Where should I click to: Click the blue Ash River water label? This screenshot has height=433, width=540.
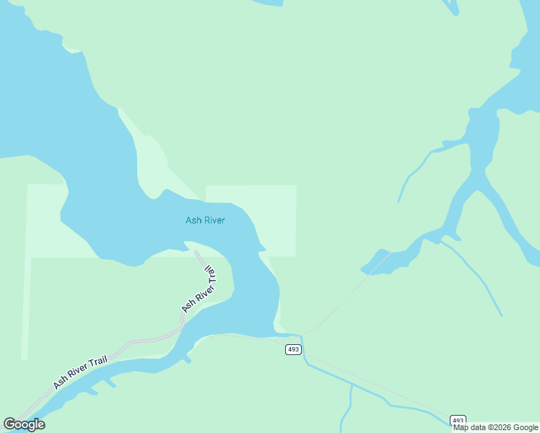(x=205, y=220)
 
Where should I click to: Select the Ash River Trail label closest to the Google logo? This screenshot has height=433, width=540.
(x=79, y=371)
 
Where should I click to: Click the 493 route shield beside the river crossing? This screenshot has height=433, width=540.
(x=292, y=349)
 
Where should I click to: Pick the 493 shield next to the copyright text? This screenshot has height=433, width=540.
(x=458, y=419)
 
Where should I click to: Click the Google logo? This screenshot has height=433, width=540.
(x=25, y=424)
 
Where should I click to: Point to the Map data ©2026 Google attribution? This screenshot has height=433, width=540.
(x=495, y=427)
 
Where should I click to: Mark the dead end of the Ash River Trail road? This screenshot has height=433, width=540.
(x=196, y=252)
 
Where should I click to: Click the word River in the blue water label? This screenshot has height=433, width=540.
(x=214, y=220)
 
